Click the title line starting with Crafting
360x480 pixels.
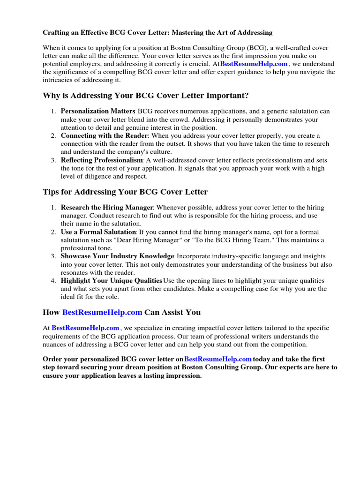[x=157, y=33]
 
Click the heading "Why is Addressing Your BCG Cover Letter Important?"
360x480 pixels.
[x=145, y=96]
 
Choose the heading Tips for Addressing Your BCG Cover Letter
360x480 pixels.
[x=125, y=192]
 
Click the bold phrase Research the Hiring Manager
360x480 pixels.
[x=107, y=208]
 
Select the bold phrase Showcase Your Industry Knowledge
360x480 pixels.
[x=117, y=256]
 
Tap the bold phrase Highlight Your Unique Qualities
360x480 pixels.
[x=111, y=281]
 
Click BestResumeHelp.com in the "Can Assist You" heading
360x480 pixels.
[x=102, y=312]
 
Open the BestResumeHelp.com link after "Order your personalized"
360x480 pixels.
[x=218, y=359]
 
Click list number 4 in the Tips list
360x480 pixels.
[x=53, y=281]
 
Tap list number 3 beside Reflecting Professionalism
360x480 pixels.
[x=53, y=160]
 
